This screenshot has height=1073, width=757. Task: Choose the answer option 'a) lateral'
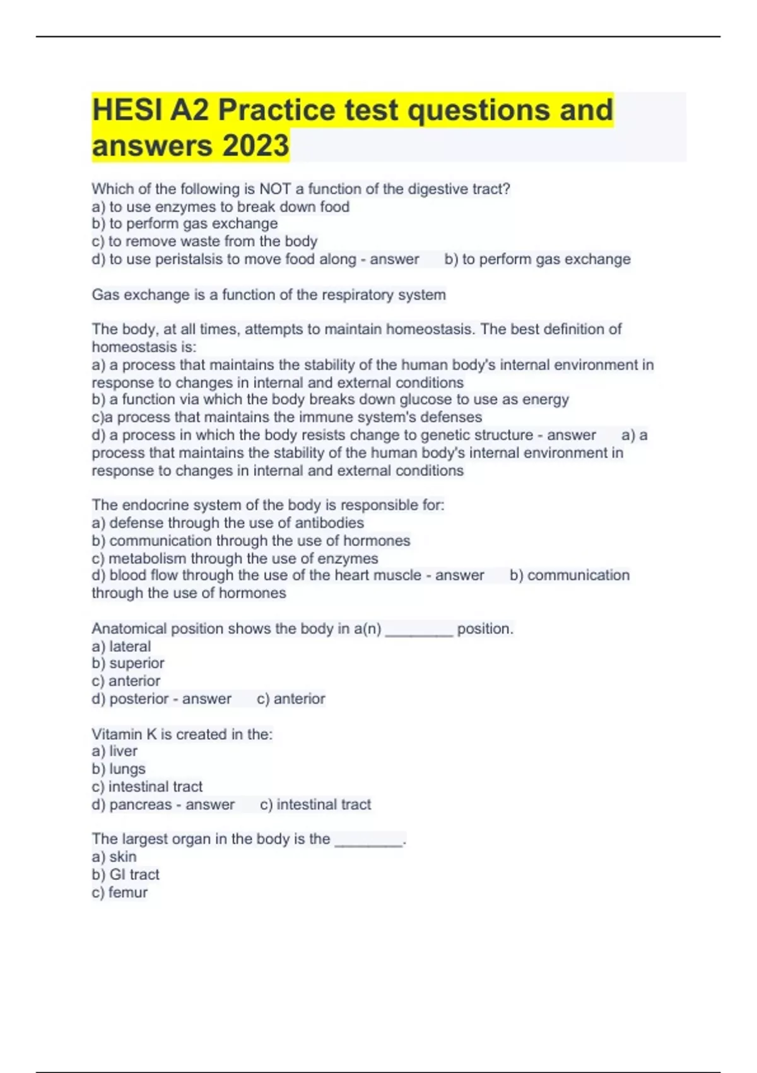pos(121,646)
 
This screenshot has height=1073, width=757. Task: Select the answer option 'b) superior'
pos(128,663)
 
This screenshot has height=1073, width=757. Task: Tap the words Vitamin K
pos(124,734)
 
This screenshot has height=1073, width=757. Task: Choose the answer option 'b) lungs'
pos(119,769)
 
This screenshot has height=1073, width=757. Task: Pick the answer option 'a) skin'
pos(114,857)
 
